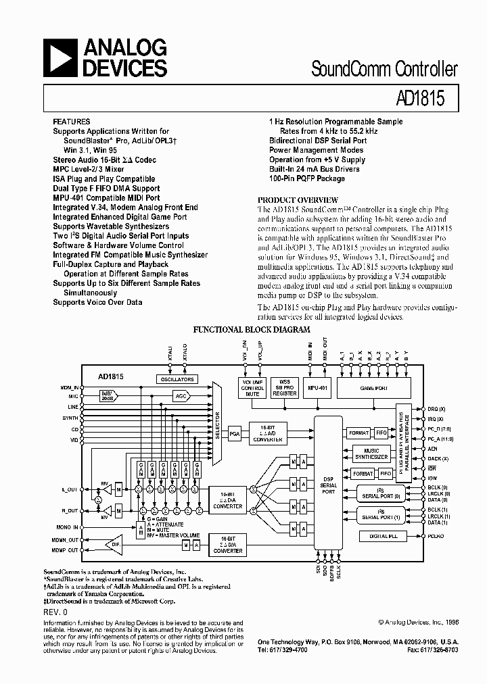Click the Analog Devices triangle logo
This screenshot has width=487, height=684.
61,57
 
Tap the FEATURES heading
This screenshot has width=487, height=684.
71,122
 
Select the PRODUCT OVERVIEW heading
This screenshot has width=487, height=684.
298,200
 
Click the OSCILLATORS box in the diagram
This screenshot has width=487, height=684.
177,379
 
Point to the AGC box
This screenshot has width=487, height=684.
180,396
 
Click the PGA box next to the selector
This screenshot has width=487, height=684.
235,432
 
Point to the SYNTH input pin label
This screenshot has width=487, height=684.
71,417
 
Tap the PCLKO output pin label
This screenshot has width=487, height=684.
436,536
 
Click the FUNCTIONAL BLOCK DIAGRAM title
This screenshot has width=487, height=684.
252,330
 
